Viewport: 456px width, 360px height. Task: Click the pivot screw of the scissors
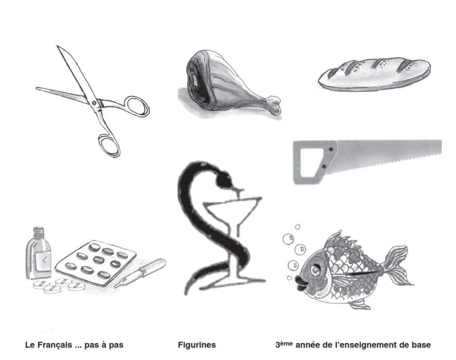click(x=94, y=103)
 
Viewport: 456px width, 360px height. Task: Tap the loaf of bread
click(x=375, y=74)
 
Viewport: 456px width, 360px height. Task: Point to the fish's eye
click(x=315, y=270)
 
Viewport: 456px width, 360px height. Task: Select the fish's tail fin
click(x=397, y=266)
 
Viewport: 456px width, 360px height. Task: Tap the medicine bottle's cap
click(x=38, y=232)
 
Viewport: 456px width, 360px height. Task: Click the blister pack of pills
click(x=96, y=262)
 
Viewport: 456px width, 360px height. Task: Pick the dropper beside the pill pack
click(x=140, y=272)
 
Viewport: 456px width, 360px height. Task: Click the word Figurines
click(x=197, y=345)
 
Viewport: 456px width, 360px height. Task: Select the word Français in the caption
click(x=53, y=345)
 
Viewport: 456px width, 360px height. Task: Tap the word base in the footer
click(x=421, y=345)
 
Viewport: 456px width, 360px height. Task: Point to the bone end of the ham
click(x=274, y=105)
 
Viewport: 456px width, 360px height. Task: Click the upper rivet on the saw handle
click(x=331, y=149)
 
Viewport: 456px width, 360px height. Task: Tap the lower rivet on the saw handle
click(x=324, y=167)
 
